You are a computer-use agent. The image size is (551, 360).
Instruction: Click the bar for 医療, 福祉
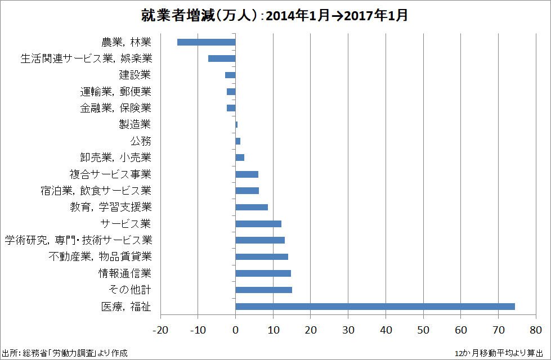pos(375,307)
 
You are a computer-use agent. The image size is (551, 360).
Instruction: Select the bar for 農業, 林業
pos(206,42)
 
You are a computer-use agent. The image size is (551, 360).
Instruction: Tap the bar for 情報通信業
pos(263,273)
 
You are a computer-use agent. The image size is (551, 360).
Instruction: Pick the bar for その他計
pos(263,290)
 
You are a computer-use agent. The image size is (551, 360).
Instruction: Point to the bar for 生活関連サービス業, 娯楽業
pos(222,58)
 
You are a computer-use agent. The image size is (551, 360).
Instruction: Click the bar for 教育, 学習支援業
pos(252,208)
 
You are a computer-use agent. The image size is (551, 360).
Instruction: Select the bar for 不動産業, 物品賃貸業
pos(262,257)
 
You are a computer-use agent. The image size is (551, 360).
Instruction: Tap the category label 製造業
pos(135,124)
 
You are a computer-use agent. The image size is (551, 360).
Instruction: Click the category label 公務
pos(141,141)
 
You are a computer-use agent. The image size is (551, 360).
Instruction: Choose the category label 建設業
pos(135,75)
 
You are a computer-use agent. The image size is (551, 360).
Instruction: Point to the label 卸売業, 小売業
pos(115,157)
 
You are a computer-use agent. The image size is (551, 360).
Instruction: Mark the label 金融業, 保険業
pos(115,108)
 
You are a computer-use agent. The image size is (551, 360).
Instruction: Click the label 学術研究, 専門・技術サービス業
pos(78,240)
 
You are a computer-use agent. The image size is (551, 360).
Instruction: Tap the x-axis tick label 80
pos(535,329)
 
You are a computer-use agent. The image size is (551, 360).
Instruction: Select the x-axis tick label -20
pos(160,329)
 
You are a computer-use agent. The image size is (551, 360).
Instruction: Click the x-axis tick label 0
pos(236,329)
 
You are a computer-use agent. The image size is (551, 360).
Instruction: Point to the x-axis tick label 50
pos(423,329)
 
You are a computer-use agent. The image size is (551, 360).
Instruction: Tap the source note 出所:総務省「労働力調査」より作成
pos(65,353)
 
